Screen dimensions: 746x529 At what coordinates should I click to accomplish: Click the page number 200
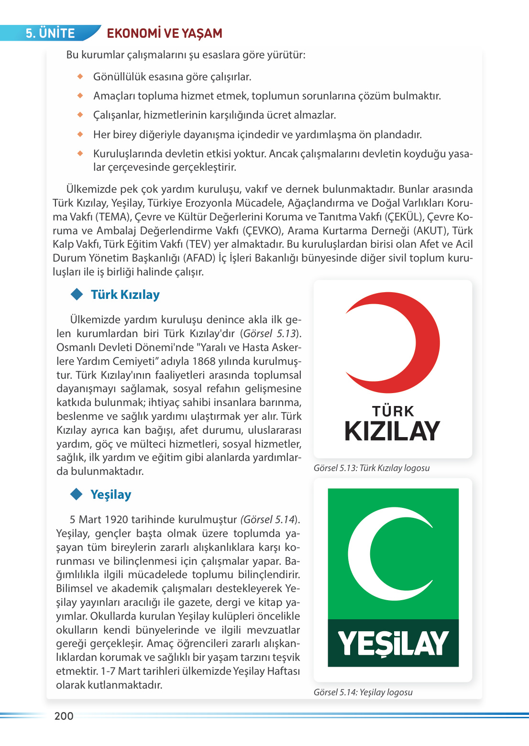tap(64, 716)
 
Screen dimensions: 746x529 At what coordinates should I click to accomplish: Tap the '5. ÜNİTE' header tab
tap(51, 33)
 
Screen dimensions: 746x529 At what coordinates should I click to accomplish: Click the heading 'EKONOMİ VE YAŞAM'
tap(165, 33)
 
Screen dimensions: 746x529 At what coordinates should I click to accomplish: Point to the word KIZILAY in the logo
tap(392, 431)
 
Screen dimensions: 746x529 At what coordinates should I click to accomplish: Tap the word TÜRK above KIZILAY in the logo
tap(393, 411)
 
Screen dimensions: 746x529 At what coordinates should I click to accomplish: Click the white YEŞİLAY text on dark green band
tap(393, 643)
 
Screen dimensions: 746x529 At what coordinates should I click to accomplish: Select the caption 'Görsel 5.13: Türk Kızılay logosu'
tap(372, 468)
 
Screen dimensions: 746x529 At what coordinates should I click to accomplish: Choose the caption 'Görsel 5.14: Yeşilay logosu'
tap(363, 692)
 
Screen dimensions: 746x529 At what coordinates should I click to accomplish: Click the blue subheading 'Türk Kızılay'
tap(125, 295)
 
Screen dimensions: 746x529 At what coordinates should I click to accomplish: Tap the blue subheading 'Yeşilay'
tap(111, 494)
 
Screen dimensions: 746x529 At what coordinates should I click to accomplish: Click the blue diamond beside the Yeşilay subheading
tap(77, 494)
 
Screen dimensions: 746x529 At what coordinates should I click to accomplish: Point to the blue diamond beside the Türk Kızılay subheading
tap(77, 294)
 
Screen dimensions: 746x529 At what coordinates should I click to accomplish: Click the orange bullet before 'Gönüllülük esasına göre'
tap(80, 77)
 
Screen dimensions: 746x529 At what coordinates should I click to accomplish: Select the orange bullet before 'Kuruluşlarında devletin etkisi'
tap(80, 154)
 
